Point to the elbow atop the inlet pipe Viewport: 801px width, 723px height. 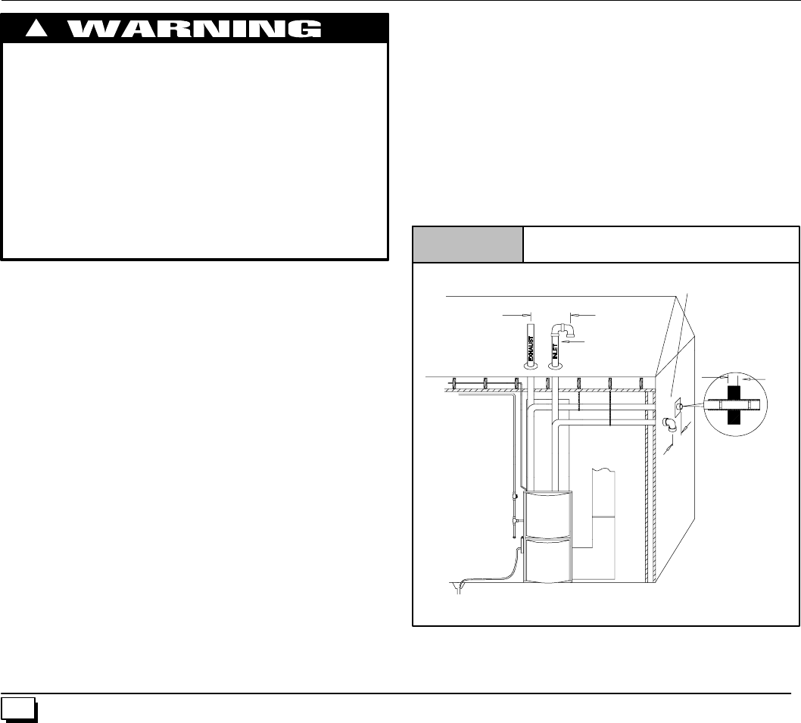564,330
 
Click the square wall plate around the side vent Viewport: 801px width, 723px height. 678,409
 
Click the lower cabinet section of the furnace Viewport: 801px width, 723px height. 549,560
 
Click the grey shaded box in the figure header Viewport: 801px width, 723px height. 467,244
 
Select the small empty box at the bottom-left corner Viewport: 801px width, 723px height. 18,706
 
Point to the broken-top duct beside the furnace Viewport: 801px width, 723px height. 604,492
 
